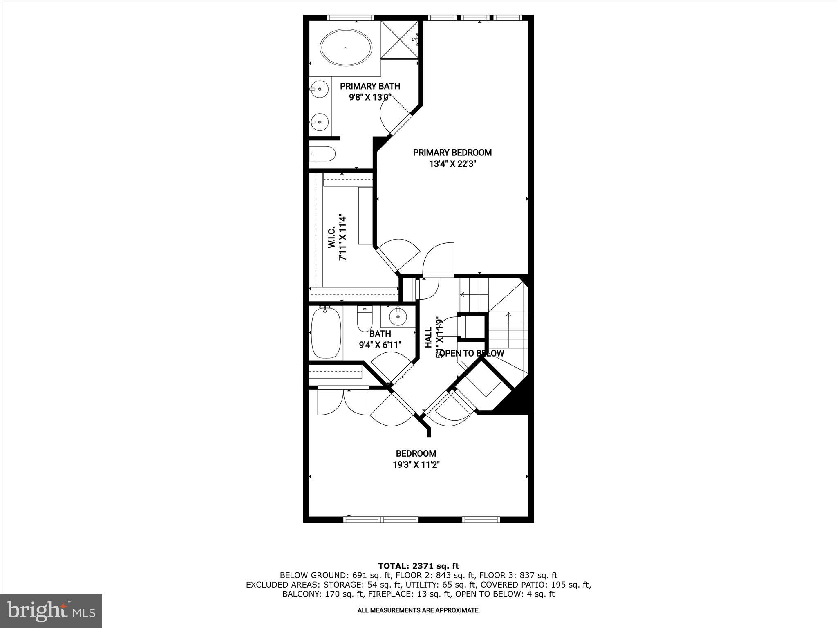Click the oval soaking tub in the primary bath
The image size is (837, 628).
tap(346, 47)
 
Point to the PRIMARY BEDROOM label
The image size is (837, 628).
tap(452, 153)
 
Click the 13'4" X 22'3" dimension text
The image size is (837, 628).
tap(452, 164)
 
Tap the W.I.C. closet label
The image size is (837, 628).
tap(331, 238)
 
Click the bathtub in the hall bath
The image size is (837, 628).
tap(326, 334)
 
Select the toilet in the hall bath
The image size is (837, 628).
tap(365, 319)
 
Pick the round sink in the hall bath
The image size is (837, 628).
tap(398, 316)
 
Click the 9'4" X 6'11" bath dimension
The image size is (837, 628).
tap(380, 345)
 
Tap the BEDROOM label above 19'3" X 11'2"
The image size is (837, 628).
tap(416, 453)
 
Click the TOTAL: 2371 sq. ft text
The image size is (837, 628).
tap(418, 566)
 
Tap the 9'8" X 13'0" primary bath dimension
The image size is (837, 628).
tap(370, 97)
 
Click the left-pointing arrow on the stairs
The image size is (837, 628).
tap(463, 294)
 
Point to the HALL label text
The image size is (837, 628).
tap(428, 338)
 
